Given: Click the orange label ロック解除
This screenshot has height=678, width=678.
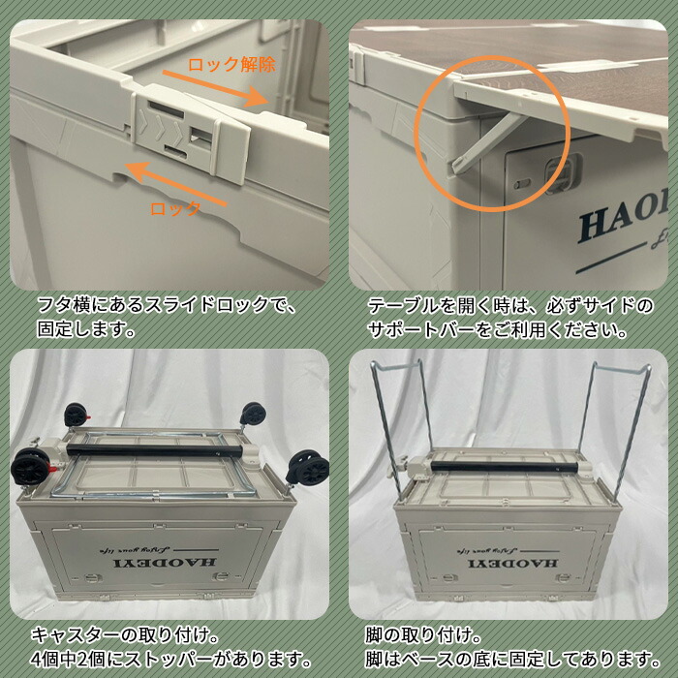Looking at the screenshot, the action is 232,65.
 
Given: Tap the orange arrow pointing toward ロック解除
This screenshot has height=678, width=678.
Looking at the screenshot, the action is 215,88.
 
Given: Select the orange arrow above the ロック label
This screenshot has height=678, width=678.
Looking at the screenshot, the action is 175,183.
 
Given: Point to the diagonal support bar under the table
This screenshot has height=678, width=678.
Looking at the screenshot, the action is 488,144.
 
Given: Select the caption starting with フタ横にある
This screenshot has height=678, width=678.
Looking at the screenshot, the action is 167,317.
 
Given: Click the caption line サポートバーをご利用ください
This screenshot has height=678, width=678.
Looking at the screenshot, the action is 497,331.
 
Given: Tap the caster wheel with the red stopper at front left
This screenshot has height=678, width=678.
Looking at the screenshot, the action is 30,466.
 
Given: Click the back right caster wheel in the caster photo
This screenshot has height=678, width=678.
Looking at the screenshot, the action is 252,415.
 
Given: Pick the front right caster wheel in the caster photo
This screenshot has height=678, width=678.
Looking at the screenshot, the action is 308,467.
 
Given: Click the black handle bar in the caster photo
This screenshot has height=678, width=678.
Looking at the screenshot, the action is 154,450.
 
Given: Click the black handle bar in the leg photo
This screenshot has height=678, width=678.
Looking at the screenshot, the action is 505,467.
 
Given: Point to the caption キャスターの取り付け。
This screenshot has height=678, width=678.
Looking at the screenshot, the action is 125,635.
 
